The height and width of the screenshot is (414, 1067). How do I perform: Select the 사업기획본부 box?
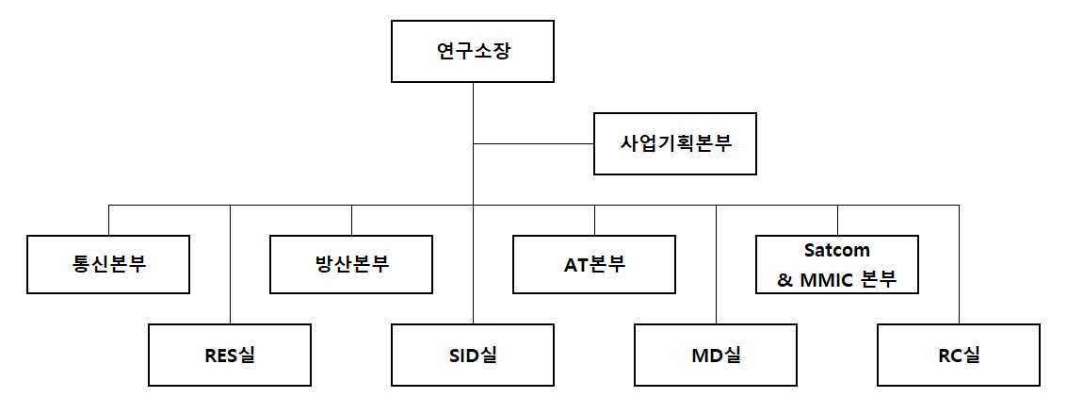point(674,144)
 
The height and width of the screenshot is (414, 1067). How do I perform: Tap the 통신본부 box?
point(108,264)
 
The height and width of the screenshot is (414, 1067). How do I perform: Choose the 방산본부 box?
point(351,264)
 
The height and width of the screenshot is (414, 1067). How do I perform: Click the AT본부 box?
point(594,264)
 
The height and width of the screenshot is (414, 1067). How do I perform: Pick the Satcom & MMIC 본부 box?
point(837,265)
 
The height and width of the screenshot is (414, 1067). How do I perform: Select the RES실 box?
point(230,356)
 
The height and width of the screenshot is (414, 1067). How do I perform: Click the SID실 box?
point(473,356)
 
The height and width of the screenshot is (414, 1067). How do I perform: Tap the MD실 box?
point(716,356)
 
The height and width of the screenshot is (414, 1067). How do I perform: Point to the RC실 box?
point(959,356)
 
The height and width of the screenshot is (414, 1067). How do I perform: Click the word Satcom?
point(837,252)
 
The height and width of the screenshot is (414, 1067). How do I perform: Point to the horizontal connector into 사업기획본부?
point(533,144)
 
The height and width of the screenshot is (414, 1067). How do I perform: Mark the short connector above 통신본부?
point(108,220)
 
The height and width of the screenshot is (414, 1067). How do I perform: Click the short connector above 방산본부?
point(351,220)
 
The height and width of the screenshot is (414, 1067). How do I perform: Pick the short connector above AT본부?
point(594,220)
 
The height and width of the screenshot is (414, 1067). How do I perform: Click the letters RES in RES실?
point(222,356)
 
